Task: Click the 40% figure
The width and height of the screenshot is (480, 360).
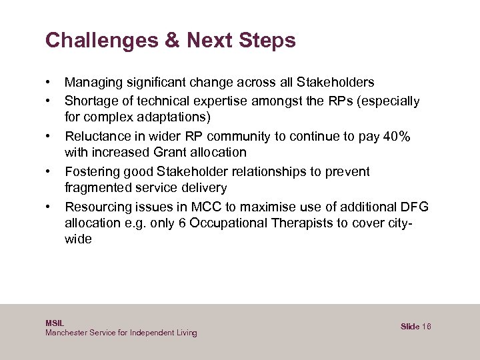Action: pos(397,136)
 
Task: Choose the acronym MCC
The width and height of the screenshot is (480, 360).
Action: pos(201,206)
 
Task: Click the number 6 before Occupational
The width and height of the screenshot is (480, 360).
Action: pos(182,223)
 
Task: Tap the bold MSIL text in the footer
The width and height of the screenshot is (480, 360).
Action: pos(55,323)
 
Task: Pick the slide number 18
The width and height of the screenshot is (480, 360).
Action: pos(427,327)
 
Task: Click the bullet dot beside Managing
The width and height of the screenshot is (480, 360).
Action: pos(49,83)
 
